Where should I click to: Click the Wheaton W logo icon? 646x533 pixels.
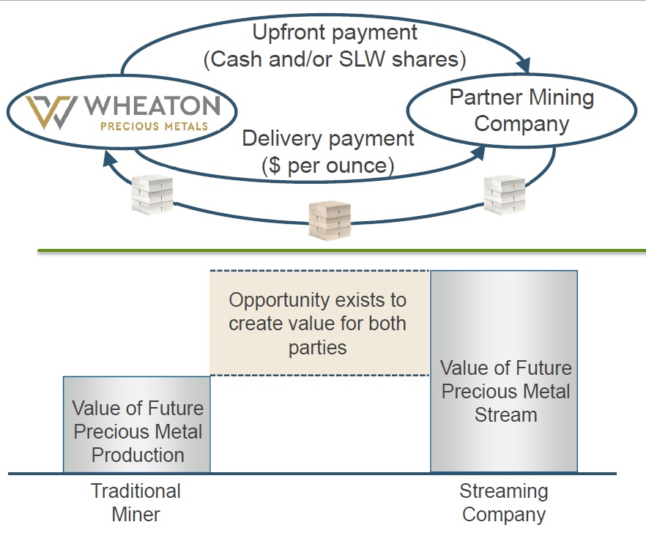(x=51, y=112)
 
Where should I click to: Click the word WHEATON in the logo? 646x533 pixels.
(x=152, y=106)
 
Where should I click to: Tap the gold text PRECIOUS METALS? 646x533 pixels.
(x=154, y=126)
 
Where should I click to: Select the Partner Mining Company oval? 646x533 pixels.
(x=521, y=111)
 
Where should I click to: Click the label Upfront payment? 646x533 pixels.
(x=335, y=32)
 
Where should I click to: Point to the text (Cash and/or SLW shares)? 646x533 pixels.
(x=335, y=59)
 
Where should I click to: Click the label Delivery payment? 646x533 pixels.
(x=327, y=138)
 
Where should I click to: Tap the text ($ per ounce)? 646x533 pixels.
(x=327, y=165)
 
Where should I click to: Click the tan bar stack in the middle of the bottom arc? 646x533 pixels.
(x=329, y=220)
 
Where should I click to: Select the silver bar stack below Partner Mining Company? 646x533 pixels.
(x=505, y=195)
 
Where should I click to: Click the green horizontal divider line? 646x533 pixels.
(x=341, y=251)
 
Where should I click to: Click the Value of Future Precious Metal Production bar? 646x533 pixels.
(x=137, y=425)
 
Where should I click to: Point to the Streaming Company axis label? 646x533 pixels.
(x=503, y=502)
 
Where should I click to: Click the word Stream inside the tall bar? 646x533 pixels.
(x=505, y=415)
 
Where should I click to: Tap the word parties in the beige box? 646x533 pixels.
(x=317, y=347)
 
